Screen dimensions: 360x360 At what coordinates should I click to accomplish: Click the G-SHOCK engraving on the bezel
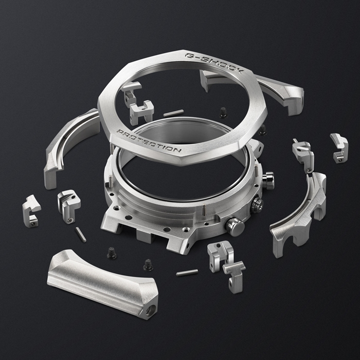pos(214,63)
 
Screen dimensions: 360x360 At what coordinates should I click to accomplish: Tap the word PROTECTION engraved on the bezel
pos(149,141)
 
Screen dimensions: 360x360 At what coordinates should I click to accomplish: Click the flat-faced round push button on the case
pos(235,227)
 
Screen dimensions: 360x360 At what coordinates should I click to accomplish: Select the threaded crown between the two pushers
pos(257,204)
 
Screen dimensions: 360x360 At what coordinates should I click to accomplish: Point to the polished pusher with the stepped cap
pos(268,180)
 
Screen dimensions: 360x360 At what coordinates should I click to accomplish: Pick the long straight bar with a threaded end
pos(102,283)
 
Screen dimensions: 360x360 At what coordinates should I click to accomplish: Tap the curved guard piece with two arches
pos(299,214)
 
